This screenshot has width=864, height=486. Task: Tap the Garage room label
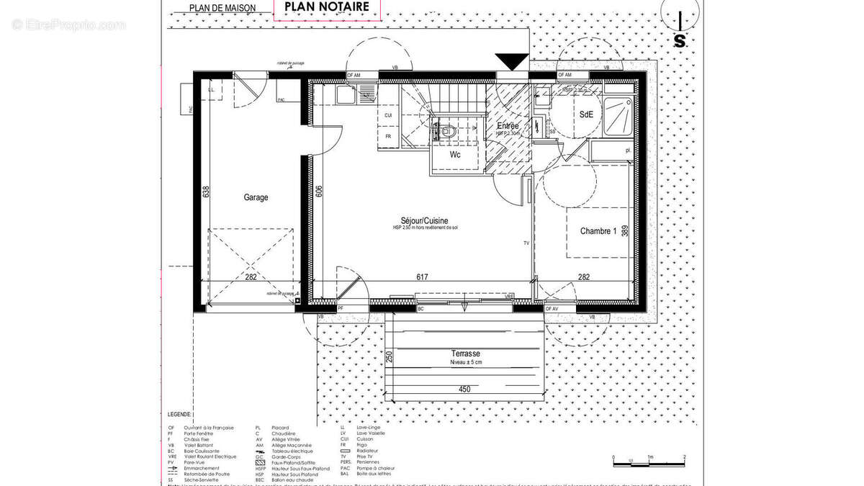tap(256, 197)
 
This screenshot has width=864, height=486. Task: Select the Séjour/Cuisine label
tap(425, 220)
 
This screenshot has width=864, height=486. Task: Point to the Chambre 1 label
tap(598, 231)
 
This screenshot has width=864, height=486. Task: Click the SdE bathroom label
tap(586, 115)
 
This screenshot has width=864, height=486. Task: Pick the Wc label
tap(455, 155)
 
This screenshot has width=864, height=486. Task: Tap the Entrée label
tap(508, 126)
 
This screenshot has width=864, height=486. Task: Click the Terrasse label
tap(466, 354)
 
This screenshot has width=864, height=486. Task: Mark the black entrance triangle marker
tap(512, 63)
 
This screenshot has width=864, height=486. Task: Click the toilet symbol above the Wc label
tap(446, 131)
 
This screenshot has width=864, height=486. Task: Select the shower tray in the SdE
tap(618, 114)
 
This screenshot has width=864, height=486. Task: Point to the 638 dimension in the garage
tap(206, 192)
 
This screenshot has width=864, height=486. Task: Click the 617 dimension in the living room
tap(422, 276)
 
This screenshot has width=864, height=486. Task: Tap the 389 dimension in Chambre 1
tap(626, 230)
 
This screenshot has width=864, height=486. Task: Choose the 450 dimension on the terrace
tap(464, 390)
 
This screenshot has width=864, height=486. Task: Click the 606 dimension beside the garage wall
tap(318, 191)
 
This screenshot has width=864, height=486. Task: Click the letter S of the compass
tap(679, 41)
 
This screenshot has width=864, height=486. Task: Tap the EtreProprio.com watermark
tap(69, 25)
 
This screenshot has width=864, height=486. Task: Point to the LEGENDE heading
tap(180, 415)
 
